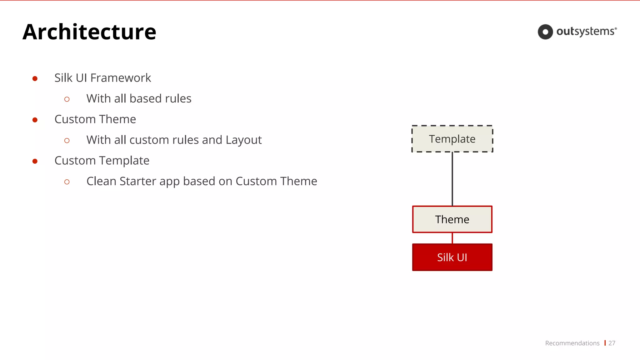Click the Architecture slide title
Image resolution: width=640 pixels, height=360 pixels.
click(x=89, y=32)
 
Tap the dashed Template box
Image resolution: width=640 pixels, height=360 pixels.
click(x=452, y=139)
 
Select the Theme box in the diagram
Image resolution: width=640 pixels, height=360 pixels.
click(x=452, y=219)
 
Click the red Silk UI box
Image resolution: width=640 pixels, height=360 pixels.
click(x=452, y=257)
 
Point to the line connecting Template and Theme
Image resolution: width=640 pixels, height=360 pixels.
click(x=452, y=179)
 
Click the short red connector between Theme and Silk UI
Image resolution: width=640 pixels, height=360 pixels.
click(x=452, y=238)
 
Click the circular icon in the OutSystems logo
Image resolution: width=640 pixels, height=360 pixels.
click(x=545, y=32)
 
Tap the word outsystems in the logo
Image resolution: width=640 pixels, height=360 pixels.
click(x=586, y=32)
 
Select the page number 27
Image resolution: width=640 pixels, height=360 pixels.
click(x=612, y=343)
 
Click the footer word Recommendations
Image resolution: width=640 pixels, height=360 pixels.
click(x=572, y=343)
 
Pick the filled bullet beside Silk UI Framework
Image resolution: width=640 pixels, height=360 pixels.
click(x=35, y=78)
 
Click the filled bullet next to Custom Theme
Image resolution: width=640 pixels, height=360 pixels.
click(x=35, y=120)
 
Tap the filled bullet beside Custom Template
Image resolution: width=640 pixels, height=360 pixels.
click(x=35, y=161)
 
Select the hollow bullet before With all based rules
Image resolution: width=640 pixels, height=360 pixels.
click(x=67, y=99)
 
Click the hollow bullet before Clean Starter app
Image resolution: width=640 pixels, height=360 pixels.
click(x=67, y=182)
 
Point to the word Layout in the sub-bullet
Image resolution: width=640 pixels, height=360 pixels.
click(x=243, y=140)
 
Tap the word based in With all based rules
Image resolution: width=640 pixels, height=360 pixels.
click(x=146, y=98)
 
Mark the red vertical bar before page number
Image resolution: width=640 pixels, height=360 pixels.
click(x=605, y=343)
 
